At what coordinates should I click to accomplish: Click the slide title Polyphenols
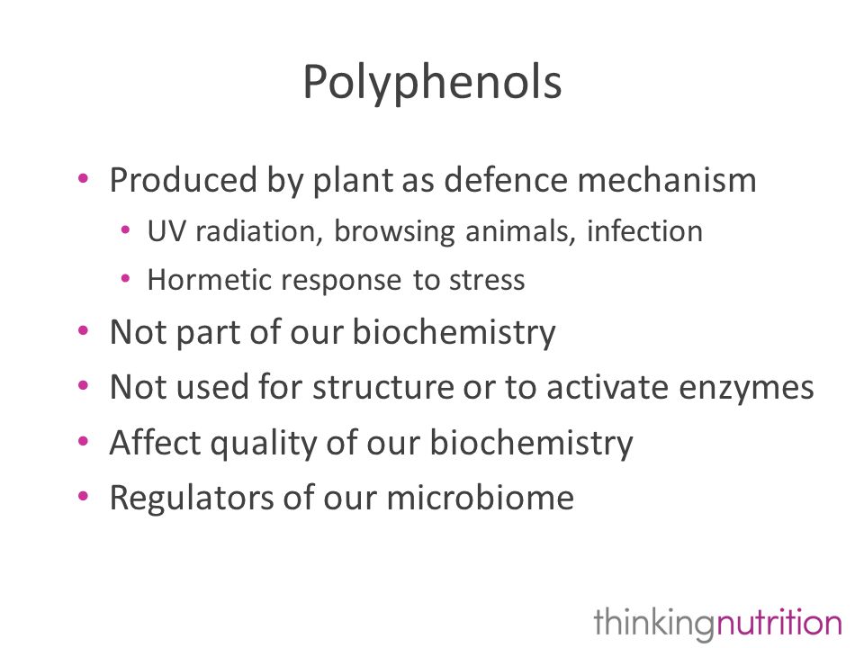click(432, 83)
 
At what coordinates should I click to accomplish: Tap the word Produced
click(184, 180)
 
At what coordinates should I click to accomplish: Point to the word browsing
click(394, 232)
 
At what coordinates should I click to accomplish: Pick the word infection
click(644, 231)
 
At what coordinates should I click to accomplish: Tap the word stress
click(487, 280)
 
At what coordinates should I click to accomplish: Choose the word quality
click(264, 444)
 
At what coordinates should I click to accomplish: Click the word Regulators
click(192, 498)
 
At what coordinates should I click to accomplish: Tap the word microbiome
click(480, 498)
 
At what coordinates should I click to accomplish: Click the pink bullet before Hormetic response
click(125, 278)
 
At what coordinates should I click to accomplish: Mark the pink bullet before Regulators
click(83, 497)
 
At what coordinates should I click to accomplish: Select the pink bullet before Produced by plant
click(83, 178)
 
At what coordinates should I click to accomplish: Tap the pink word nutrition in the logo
click(778, 622)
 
